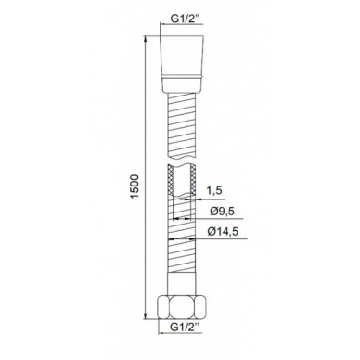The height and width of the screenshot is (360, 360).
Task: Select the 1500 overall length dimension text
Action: click(x=135, y=187)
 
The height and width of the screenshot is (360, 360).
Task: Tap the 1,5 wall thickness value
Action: click(x=214, y=190)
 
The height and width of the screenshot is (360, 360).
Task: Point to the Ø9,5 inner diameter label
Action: click(x=222, y=212)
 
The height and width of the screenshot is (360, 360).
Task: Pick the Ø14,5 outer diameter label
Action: click(x=224, y=231)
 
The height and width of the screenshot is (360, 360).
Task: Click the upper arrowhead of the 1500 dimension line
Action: click(x=145, y=39)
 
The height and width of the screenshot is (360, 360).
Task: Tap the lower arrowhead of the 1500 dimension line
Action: click(x=145, y=315)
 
